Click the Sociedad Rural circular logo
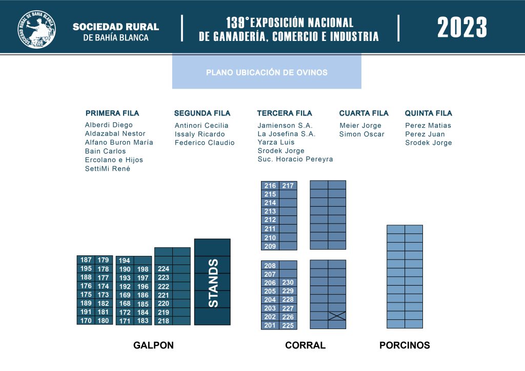coord(37,29)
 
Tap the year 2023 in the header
coord(462,28)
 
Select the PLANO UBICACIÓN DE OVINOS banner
coord(267,72)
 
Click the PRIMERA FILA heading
coord(112,113)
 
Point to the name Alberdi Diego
coord(109,125)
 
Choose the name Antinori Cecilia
coord(201,125)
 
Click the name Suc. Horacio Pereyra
coord(295,159)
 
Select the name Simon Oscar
coord(362,134)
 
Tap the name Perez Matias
coord(428,125)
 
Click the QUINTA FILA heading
coord(429,113)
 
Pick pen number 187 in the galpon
coord(86,260)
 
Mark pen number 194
coord(125,260)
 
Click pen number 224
coord(164,269)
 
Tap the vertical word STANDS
coord(213,283)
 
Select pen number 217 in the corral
coord(288,186)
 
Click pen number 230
coord(288,282)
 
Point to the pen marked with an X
coord(337,316)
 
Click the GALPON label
coord(153,345)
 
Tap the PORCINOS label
coord(405,345)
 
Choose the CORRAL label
coord(306,345)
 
